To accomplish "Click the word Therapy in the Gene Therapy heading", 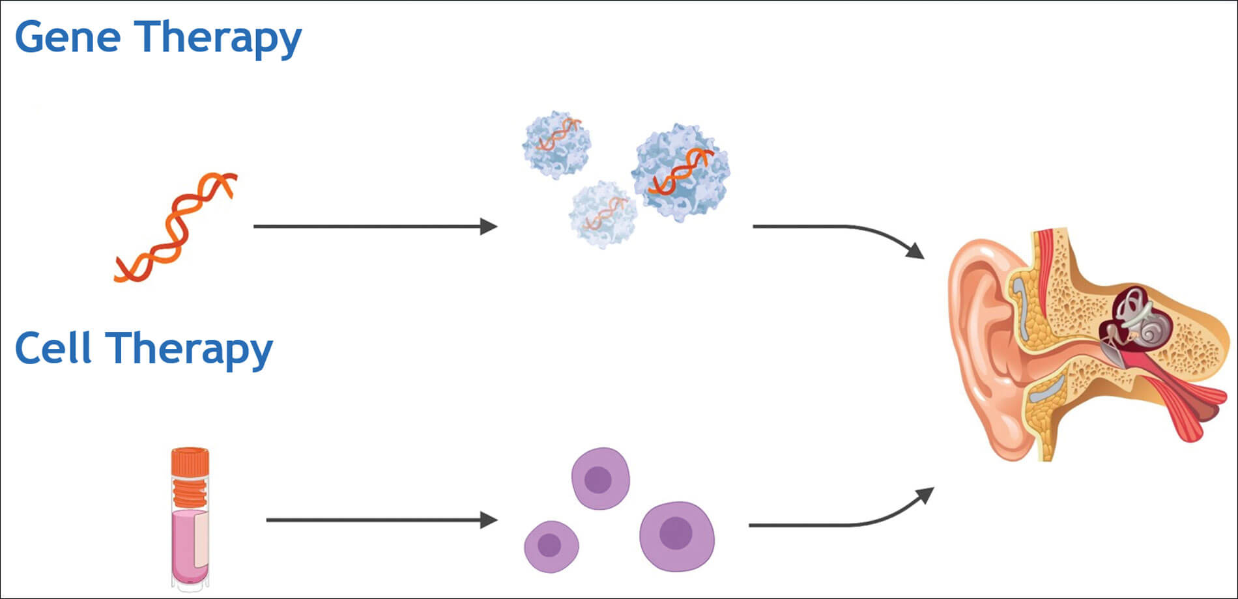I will coord(218,38).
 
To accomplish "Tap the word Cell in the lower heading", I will coord(53,348).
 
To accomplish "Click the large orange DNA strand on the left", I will coord(175,228).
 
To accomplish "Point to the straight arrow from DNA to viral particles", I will coord(375,227).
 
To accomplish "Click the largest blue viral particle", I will coord(680,171).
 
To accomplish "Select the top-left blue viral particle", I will coord(556,144).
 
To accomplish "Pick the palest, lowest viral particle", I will coord(602,214).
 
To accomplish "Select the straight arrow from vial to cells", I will coord(381,520).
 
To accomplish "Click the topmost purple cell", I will coord(600,479).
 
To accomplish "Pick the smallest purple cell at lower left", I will coord(551,546).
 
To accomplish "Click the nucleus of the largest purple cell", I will coord(676,534).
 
